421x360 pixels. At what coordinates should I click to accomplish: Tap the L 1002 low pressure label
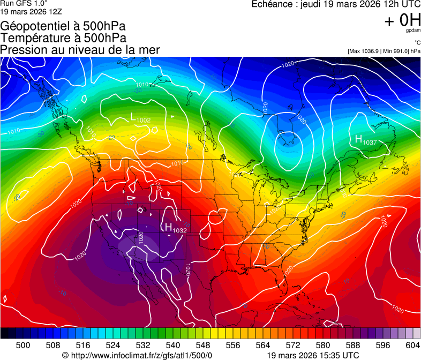[x=141, y=118]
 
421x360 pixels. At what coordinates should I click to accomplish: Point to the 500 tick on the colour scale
[x=23, y=345]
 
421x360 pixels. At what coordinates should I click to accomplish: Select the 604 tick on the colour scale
[x=412, y=345]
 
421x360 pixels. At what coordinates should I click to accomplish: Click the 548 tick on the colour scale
[x=203, y=345]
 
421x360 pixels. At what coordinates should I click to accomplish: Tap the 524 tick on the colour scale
[x=113, y=345]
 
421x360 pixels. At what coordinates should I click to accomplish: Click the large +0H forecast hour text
[x=402, y=20]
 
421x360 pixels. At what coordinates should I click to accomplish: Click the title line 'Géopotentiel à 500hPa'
[x=63, y=26]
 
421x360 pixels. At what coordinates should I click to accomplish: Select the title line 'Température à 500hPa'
[x=63, y=38]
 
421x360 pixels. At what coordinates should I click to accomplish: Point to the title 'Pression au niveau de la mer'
[x=80, y=50]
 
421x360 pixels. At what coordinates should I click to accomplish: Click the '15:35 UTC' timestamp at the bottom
[x=343, y=355]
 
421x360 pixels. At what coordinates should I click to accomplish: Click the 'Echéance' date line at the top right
[x=336, y=4]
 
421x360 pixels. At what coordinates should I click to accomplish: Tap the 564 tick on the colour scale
[x=263, y=345]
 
